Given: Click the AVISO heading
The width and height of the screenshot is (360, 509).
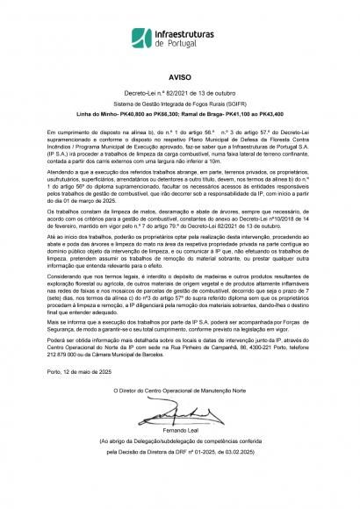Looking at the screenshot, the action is pyautogui.click(x=179, y=77).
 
